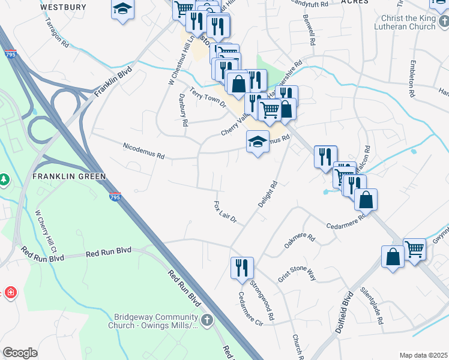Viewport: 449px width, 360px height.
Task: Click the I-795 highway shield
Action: pyautogui.click(x=114, y=197)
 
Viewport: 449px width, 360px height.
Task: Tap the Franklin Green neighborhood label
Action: pyautogui.click(x=69, y=176)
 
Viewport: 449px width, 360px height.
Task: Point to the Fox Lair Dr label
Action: pyautogui.click(x=226, y=212)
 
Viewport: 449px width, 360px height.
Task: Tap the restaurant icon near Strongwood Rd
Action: pyautogui.click(x=242, y=267)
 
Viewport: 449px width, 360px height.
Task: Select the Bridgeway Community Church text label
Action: pyautogui.click(x=155, y=321)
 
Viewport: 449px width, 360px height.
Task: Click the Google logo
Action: pyautogui.click(x=20, y=352)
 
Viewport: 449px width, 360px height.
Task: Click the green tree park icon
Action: pyautogui.click(x=4, y=179)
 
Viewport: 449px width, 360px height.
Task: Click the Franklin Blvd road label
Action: pyautogui.click(x=112, y=83)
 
